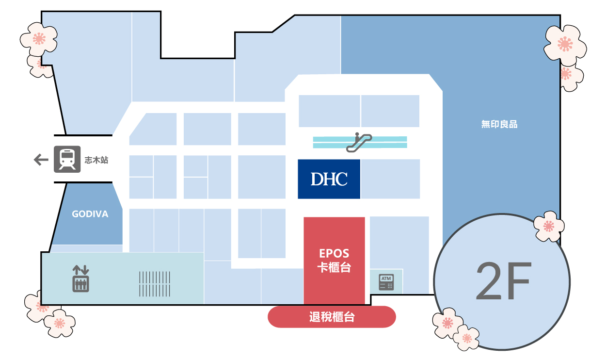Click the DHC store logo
pos(329,179)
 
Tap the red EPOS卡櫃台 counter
pos(335,261)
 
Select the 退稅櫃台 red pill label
pos(332,317)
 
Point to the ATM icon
pos(386,282)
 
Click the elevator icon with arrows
pos(80,278)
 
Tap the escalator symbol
pos(359,142)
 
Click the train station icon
pos(67,159)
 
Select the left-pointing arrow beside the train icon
pos(41,160)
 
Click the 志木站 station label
pos(96,160)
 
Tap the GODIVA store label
pos(90,214)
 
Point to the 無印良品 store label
pos(499,124)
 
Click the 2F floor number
pos(504,281)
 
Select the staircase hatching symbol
pos(155,284)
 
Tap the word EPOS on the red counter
pos(334,254)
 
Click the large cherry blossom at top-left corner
pos(39,39)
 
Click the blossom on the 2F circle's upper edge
pos(549,226)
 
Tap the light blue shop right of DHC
pos(390,179)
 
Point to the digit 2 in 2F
pos(489,281)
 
